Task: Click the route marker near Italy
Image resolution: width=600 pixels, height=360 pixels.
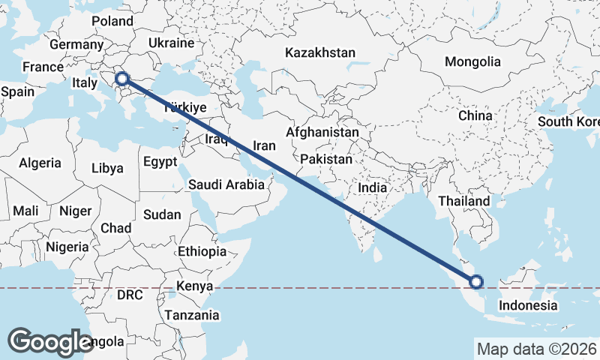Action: point(122,78)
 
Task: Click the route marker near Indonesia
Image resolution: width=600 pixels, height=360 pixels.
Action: point(475,283)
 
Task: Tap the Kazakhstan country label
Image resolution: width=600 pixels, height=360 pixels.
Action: point(319,52)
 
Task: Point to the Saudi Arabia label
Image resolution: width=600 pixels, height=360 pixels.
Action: point(226,184)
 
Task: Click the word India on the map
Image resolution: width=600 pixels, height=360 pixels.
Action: point(373,187)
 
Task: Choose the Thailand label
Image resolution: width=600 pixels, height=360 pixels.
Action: point(464,201)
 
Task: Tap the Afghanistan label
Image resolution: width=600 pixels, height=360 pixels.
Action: point(322,132)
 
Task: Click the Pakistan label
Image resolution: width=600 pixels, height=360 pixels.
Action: point(326,160)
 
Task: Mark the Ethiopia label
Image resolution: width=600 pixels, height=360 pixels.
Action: point(202,251)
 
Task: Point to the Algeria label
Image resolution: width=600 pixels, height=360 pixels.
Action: point(40,163)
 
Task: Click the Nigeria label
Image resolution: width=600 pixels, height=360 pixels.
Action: point(67,247)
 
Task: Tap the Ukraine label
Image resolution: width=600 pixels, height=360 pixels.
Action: point(171,43)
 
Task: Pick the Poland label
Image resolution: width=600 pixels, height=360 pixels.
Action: point(112,21)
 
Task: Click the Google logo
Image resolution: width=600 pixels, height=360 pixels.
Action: point(49,341)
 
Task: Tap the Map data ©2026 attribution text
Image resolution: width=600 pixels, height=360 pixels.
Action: point(536,349)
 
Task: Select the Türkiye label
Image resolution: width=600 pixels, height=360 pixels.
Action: point(184,106)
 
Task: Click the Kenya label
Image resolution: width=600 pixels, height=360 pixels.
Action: point(195,286)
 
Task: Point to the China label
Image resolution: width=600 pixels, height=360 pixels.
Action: point(475,115)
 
